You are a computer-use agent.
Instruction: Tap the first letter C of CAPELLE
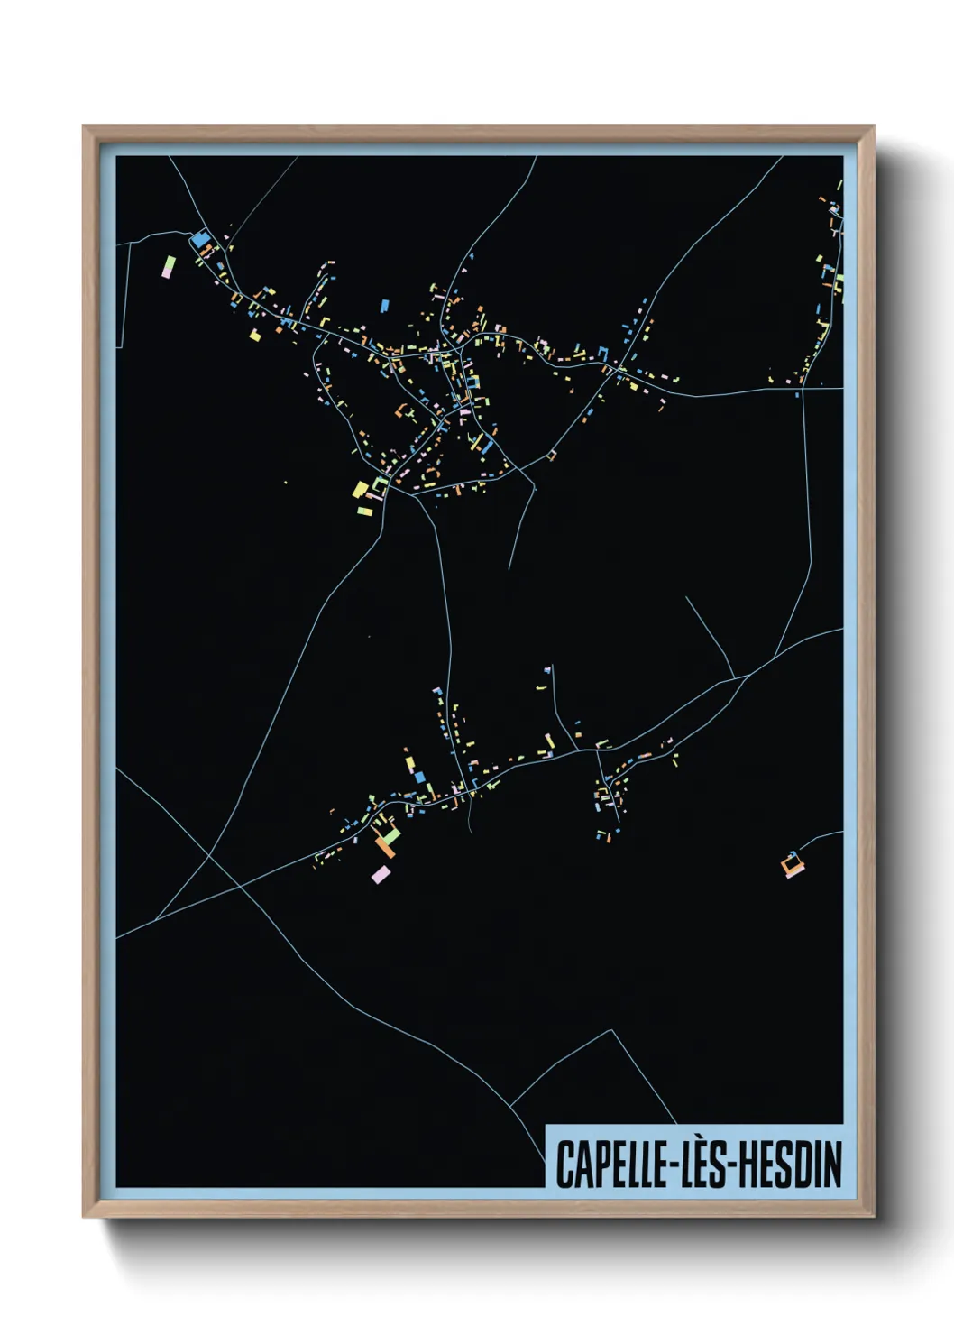click(x=564, y=1165)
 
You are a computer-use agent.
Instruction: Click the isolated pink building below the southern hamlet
click(x=381, y=874)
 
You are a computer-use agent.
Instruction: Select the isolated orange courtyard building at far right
click(x=793, y=864)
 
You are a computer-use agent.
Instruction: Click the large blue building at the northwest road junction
click(x=199, y=240)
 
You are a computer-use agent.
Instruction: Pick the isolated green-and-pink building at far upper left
click(x=169, y=266)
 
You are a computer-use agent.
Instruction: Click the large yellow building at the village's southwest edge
click(x=361, y=490)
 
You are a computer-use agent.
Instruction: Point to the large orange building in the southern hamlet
click(x=386, y=846)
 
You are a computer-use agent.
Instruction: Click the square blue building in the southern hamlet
click(x=419, y=776)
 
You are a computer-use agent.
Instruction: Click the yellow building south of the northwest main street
click(x=255, y=336)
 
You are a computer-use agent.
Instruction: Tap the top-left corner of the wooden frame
click(x=84, y=127)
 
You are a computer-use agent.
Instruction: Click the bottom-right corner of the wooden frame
click(x=873, y=1216)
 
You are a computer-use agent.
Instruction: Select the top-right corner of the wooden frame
click(x=873, y=127)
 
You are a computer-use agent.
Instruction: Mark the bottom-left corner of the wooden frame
click(x=84, y=1216)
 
